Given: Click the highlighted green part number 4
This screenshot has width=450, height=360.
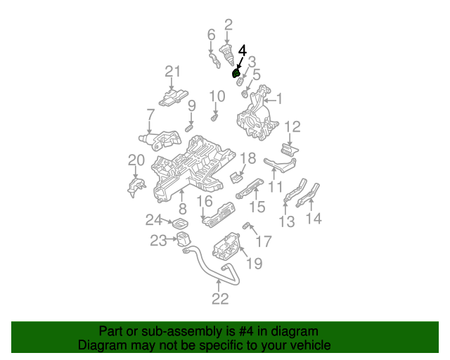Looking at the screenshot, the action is [x=236, y=74].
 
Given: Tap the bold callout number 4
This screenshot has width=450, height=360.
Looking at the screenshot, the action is [x=243, y=51].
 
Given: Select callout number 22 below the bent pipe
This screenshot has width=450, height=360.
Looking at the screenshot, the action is [x=220, y=299].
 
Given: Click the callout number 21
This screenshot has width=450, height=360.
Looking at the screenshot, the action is [x=173, y=72].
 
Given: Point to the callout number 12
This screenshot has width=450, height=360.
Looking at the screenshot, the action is [x=292, y=127].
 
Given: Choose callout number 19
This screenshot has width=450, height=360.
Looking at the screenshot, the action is [x=255, y=263].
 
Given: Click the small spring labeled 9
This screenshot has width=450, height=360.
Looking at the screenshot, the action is [x=189, y=129].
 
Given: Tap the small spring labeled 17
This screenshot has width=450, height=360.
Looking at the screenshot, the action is [x=245, y=226].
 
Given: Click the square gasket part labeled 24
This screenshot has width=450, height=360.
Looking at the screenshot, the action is [x=180, y=224].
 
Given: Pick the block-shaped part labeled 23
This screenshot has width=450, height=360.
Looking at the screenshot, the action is [x=183, y=239].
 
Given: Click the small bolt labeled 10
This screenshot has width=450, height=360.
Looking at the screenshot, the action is [x=214, y=117].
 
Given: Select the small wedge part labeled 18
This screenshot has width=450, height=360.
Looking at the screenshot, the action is [x=236, y=178].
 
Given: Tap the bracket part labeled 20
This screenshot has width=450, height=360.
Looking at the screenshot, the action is [x=136, y=187].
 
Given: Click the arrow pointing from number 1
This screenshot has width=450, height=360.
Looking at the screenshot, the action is [x=270, y=101].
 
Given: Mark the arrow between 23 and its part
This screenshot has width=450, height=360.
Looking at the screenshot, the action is [x=172, y=239].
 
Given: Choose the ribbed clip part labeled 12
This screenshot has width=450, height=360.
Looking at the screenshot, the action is [x=289, y=150].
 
